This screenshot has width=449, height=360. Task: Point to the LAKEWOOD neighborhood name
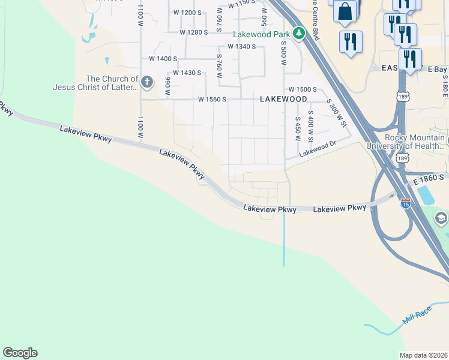click(283, 99)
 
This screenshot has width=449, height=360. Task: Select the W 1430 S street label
click(182, 73)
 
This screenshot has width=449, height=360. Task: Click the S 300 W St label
click(337, 113)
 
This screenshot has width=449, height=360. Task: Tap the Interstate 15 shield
click(405, 203)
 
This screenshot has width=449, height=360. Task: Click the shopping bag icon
click(346, 11)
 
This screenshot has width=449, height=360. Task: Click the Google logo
click(20, 353)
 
